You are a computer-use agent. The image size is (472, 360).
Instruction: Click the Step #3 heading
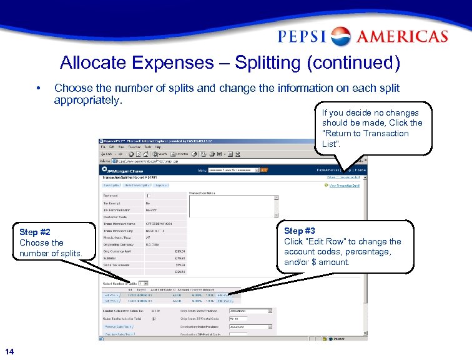pyautogui.click(x=299, y=231)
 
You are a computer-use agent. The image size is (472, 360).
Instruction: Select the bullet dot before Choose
pyautogui.click(x=39, y=88)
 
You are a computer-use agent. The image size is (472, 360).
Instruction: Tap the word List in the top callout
pyautogui.click(x=330, y=144)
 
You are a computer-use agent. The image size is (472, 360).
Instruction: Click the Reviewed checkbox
pyautogui.click(x=148, y=196)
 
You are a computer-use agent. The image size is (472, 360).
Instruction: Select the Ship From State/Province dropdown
pyautogui.click(x=250, y=310)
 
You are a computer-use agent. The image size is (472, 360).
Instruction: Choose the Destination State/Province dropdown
pyautogui.click(x=250, y=326)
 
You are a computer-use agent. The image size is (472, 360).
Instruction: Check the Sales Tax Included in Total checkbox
pyautogui.click(x=154, y=318)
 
